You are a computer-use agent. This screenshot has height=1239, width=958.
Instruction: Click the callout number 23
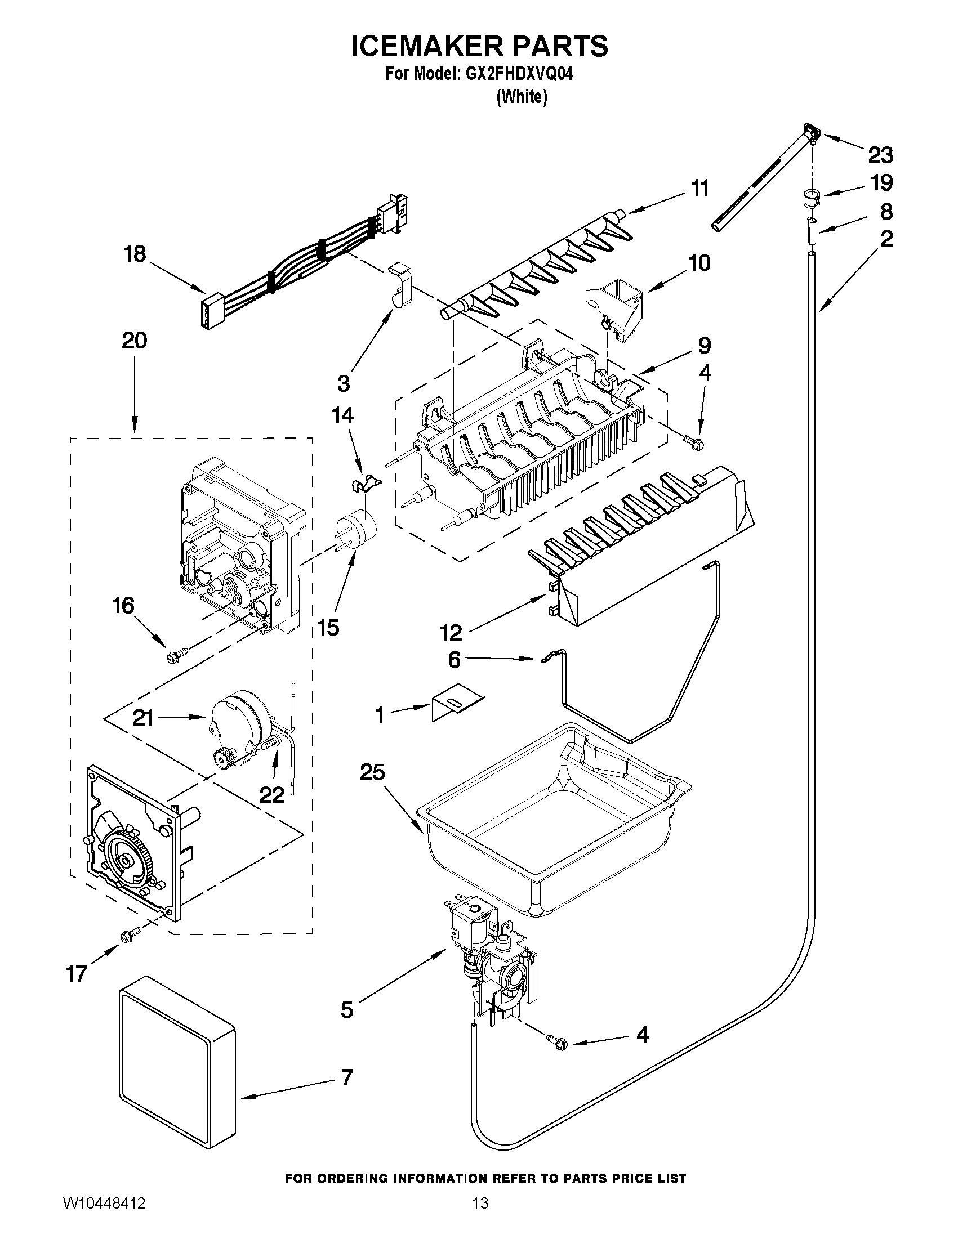pos(880,154)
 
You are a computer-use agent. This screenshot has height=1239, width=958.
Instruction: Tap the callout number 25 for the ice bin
pos(372,772)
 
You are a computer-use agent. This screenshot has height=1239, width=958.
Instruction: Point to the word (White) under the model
pos(522,97)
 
